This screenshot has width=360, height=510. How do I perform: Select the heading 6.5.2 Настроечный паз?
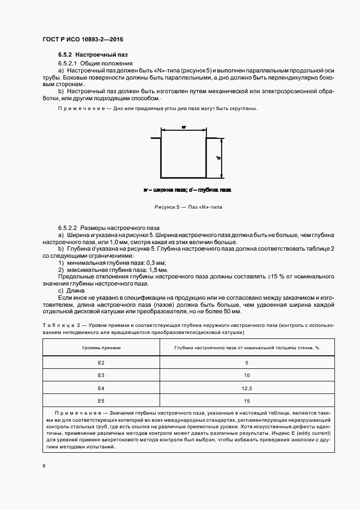(93, 55)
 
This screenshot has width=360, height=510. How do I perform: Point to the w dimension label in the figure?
(184, 126)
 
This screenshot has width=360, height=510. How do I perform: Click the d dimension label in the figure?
(218, 157)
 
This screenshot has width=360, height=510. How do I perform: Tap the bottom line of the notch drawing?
(182, 178)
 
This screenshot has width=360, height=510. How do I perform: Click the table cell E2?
(101, 362)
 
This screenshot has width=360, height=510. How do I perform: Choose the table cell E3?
(101, 375)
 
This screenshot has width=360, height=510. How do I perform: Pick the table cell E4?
(101, 388)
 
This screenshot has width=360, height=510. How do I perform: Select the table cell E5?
(101, 401)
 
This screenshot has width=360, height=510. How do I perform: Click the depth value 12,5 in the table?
(247, 388)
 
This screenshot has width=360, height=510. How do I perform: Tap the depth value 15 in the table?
(247, 401)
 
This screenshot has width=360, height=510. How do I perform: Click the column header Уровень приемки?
(101, 347)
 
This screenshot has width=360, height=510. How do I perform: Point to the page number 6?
(44, 466)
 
